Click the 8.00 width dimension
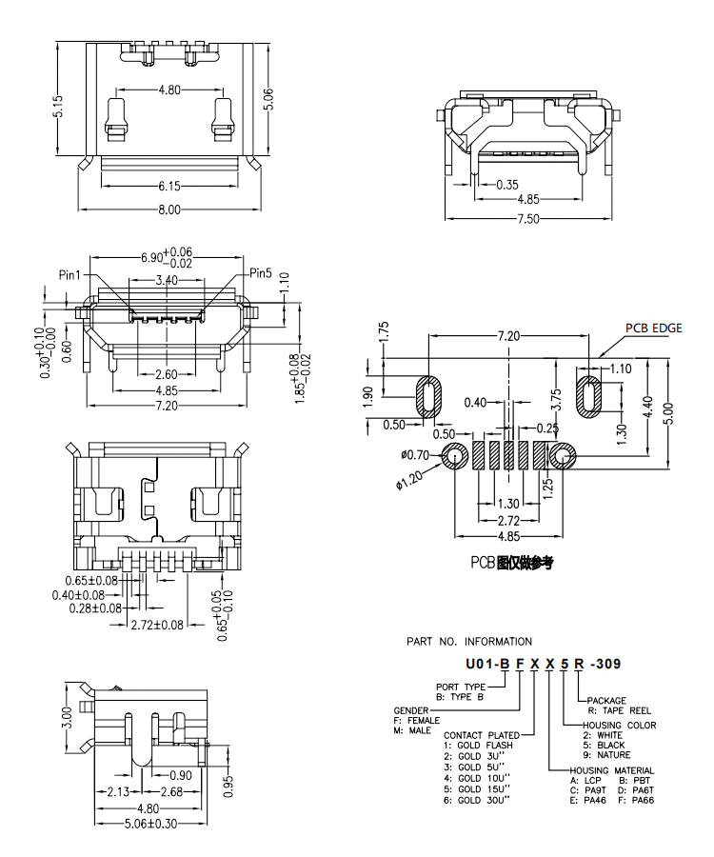tap(169, 209)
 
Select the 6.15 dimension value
tap(169, 185)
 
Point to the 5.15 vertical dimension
tap(58, 106)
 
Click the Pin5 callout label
tap(261, 273)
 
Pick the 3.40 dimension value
tap(166, 280)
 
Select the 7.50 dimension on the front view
tap(527, 218)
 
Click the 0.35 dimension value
tap(507, 184)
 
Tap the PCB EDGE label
tap(653, 328)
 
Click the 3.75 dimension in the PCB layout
tap(557, 399)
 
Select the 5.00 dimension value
tap(672, 412)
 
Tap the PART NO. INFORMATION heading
tap(469, 641)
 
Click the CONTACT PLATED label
tap(481, 735)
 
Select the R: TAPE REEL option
tap(619, 710)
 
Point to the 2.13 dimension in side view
tap(119, 791)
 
